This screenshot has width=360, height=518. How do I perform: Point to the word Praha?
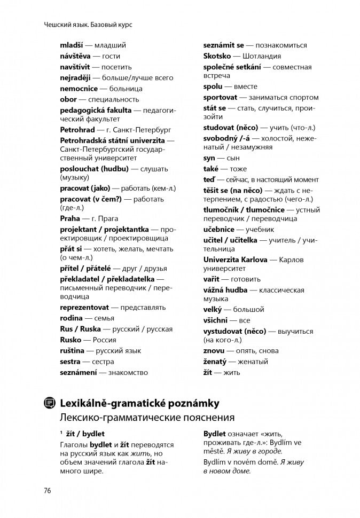coord(70,218)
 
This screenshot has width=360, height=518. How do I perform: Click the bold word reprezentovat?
coord(84,308)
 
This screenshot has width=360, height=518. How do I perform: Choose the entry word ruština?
coord(71,350)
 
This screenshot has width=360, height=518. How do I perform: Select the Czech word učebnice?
coord(220,229)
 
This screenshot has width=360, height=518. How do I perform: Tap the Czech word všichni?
coord(215,320)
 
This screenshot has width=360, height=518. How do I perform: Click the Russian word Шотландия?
coord(262,56)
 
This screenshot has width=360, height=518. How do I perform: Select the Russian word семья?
coord(101,318)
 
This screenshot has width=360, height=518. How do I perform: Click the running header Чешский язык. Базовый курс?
coord(89,25)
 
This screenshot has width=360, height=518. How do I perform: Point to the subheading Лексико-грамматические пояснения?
coord(147,417)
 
